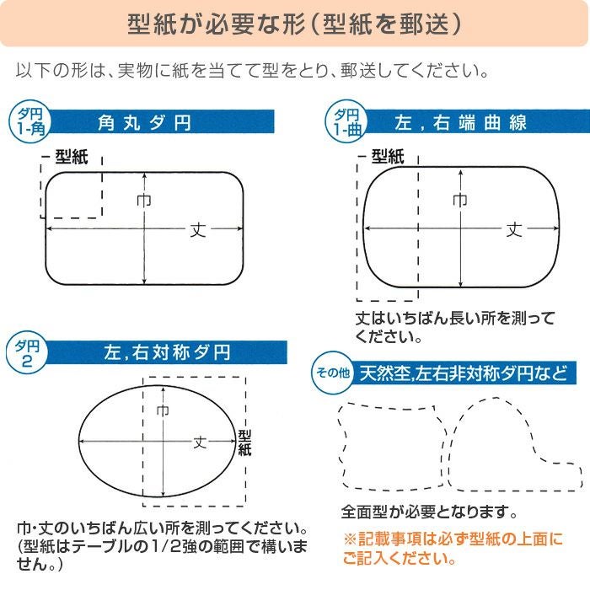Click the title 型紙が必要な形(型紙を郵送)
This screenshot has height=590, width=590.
point(294,24)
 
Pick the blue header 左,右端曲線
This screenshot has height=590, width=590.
point(460,123)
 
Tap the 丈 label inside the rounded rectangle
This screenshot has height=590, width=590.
point(196,228)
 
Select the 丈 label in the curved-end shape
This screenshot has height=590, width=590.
point(514,228)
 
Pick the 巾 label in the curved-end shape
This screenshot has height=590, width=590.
point(460,201)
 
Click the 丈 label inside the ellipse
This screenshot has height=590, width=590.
point(201,441)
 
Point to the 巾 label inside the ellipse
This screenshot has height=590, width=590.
point(163,410)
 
